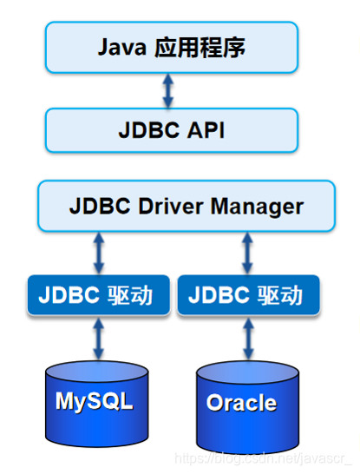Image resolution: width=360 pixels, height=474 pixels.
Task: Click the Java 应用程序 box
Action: (x=172, y=48)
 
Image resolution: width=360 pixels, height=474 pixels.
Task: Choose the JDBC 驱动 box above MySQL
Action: (x=100, y=295)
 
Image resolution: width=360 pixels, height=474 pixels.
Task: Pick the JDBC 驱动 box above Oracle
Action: (x=249, y=295)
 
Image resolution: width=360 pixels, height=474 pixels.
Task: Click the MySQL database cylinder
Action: (x=99, y=401)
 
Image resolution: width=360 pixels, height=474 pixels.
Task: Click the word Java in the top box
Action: (x=122, y=47)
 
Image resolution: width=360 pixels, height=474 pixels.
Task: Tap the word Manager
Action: (x=258, y=207)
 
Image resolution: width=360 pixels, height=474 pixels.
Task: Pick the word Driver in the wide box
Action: (x=170, y=207)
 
